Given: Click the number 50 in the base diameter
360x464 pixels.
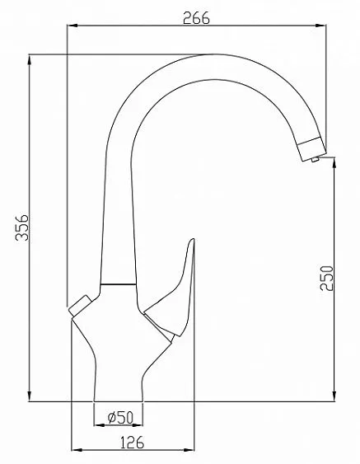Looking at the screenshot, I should [x=126, y=418].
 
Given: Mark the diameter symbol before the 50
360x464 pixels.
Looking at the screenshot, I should [x=110, y=418].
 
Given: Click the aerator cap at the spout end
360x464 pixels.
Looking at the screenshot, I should [x=310, y=149].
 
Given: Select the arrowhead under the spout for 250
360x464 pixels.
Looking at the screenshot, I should [x=334, y=162].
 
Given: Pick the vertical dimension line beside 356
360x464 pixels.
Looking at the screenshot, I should [x=30, y=228].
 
